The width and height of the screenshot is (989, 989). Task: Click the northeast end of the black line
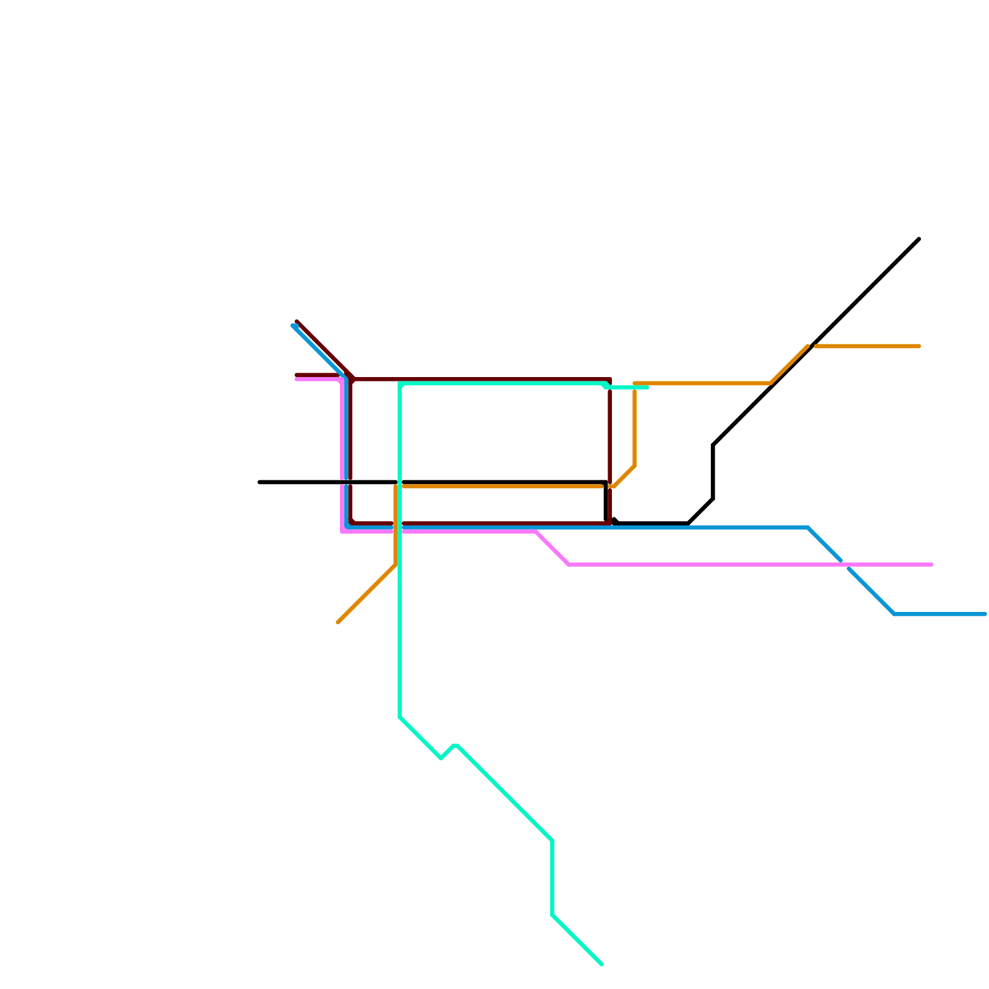[x=919, y=239]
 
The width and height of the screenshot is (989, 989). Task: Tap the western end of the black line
[x=260, y=482]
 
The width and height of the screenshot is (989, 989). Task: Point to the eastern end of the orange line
[x=919, y=346]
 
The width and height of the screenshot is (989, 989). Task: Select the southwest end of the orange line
[x=338, y=622]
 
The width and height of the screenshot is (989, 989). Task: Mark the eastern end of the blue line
[x=985, y=614]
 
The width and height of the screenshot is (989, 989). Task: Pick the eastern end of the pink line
[x=932, y=564]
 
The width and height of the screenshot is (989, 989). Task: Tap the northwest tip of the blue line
[x=293, y=325]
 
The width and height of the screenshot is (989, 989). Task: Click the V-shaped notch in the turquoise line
[x=441, y=758]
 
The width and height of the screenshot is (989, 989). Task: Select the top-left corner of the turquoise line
[x=401, y=384]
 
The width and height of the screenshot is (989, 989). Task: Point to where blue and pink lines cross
[x=845, y=564]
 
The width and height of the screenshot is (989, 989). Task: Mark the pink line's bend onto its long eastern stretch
[x=569, y=564]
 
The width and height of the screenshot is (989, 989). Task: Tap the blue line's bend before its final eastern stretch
[x=894, y=614]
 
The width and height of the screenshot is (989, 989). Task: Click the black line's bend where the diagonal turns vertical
[x=713, y=445]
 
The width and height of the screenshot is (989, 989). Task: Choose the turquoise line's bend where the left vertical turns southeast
[x=401, y=717]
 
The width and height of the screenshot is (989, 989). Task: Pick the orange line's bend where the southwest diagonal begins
[x=396, y=564]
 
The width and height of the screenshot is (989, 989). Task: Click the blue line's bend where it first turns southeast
[x=808, y=527]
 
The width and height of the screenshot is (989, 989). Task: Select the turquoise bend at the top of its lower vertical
[x=552, y=841]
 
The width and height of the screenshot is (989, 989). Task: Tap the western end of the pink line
[x=297, y=379]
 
